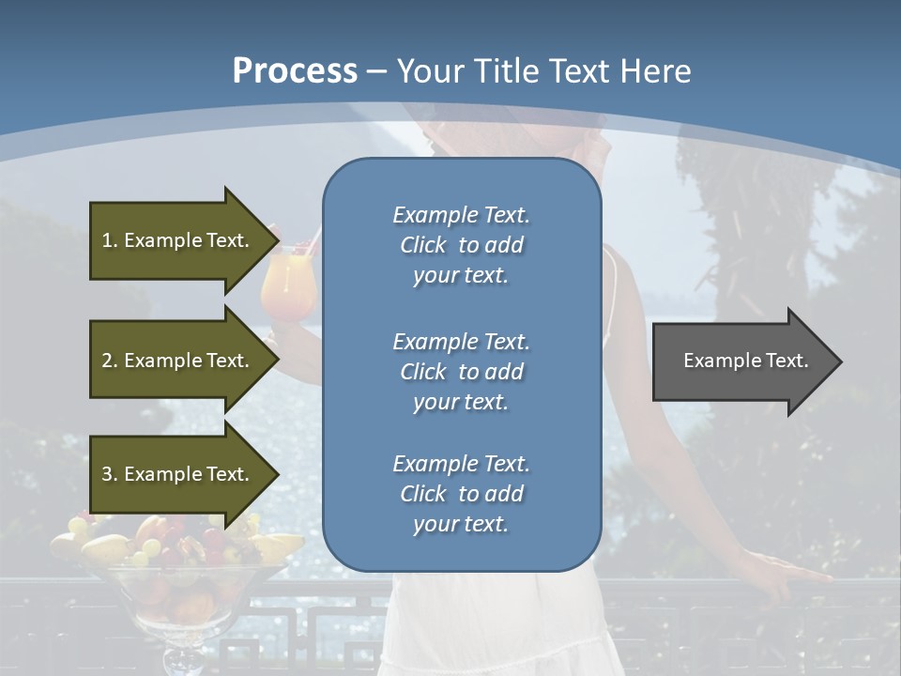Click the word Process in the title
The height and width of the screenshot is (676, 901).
294,70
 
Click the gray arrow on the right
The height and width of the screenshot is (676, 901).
741,361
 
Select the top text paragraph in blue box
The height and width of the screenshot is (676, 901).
461,245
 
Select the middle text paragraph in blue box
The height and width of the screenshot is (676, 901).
461,372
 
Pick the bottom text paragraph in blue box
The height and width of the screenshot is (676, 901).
461,494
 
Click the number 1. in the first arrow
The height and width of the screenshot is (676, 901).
109,240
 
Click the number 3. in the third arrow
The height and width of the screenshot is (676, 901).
109,474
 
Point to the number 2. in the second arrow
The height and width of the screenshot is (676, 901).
109,361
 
